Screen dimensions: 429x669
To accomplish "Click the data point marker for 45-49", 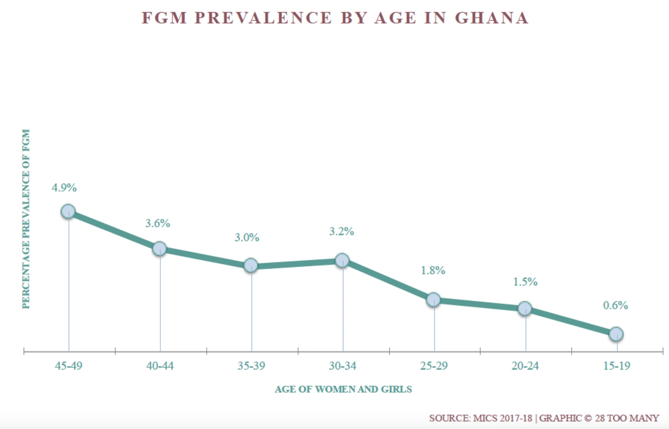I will coord(68,211).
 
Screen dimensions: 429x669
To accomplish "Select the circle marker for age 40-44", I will coord(160,248).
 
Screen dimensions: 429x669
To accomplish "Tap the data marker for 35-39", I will coord(251,265).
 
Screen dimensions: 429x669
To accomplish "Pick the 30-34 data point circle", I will coord(342,260).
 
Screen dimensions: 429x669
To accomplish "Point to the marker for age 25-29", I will coord(434,299).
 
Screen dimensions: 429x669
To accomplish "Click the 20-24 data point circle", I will coord(525,308).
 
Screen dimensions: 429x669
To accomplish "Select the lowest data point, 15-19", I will coord(616,334).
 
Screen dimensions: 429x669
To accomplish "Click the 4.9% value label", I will coord(64,188).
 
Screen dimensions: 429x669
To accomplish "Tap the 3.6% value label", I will coord(158,223).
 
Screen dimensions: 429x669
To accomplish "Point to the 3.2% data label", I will coord(342,231).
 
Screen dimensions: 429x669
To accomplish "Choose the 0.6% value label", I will coord(616,305).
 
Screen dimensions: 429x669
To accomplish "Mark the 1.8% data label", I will coord(433,270).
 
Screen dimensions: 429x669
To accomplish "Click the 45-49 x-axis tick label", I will coord(69,366).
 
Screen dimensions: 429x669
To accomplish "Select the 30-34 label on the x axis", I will coord(343,366).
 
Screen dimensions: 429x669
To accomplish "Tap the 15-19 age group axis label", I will coord(617,366).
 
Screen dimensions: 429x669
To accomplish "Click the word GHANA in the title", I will coord(492,18).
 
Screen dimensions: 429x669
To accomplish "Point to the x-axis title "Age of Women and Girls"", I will coord(343,389).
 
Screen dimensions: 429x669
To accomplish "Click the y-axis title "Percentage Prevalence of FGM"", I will coord(26,219).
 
